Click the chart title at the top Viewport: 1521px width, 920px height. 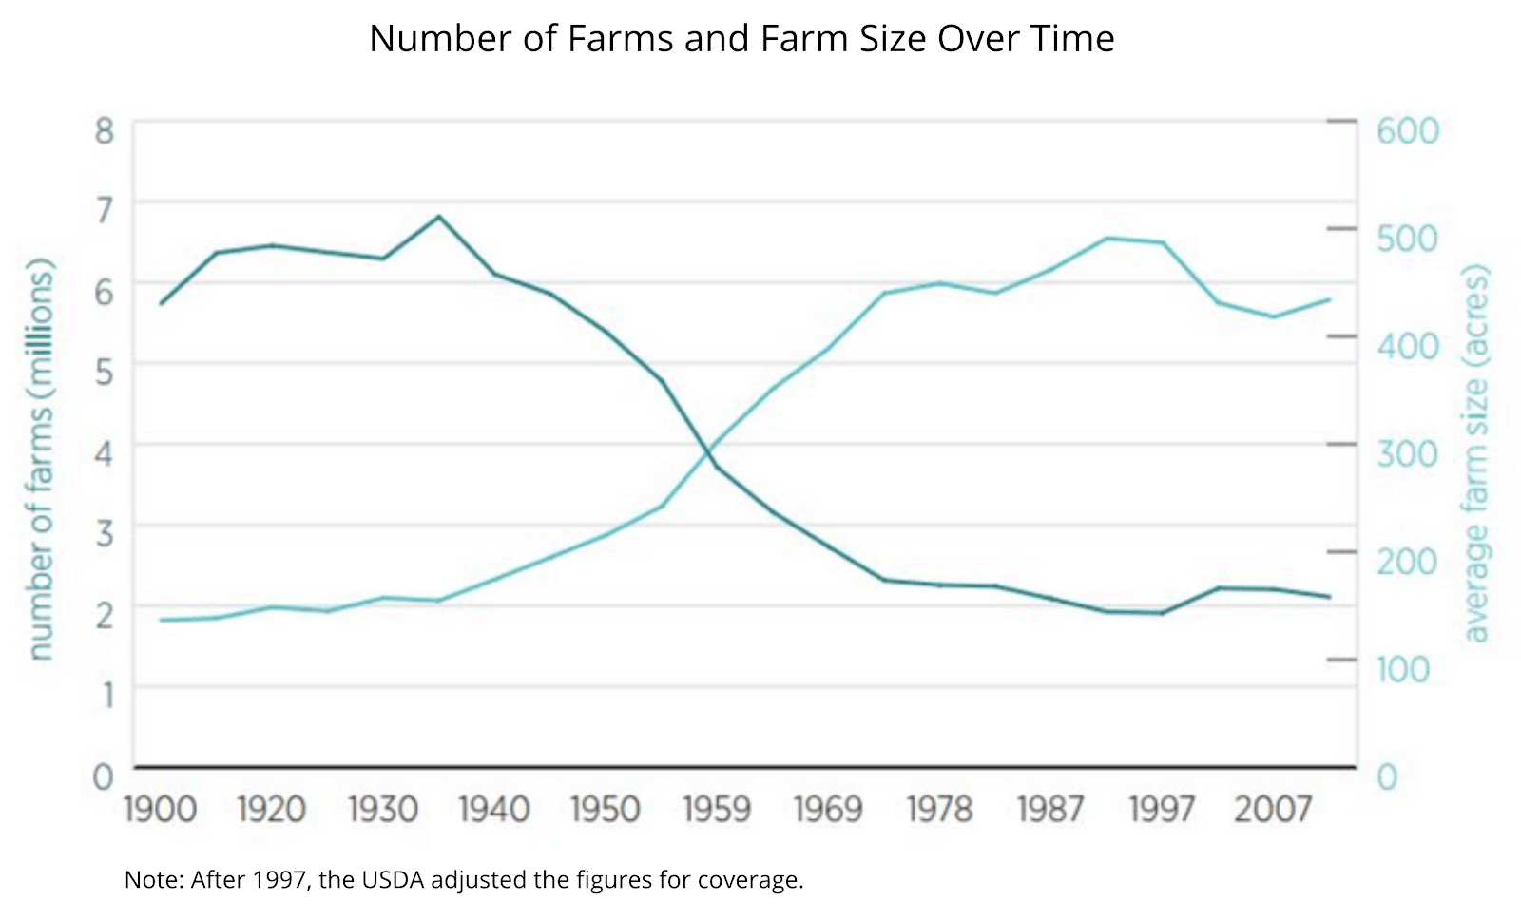click(741, 39)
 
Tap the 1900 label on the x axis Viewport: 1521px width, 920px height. click(161, 810)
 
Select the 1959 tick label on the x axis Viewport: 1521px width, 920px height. click(717, 810)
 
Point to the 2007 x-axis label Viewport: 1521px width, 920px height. click(1273, 810)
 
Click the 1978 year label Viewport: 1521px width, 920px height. click(939, 810)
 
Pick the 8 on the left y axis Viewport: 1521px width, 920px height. click(104, 131)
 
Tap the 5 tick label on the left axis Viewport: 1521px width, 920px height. click(104, 372)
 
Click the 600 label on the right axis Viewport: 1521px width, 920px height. click(1408, 131)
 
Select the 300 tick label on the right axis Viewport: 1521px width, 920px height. click(1408, 453)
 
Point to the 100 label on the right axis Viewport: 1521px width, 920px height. click(1403, 669)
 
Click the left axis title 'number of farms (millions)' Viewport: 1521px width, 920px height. click(40, 459)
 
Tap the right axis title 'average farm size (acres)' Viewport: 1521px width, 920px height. click(1475, 454)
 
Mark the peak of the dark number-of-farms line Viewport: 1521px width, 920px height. click(439, 217)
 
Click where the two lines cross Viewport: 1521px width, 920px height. click(709, 453)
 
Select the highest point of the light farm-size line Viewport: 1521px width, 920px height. click(1107, 238)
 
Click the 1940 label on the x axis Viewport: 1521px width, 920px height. click(494, 810)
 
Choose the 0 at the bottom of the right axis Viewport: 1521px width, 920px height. click(1387, 777)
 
